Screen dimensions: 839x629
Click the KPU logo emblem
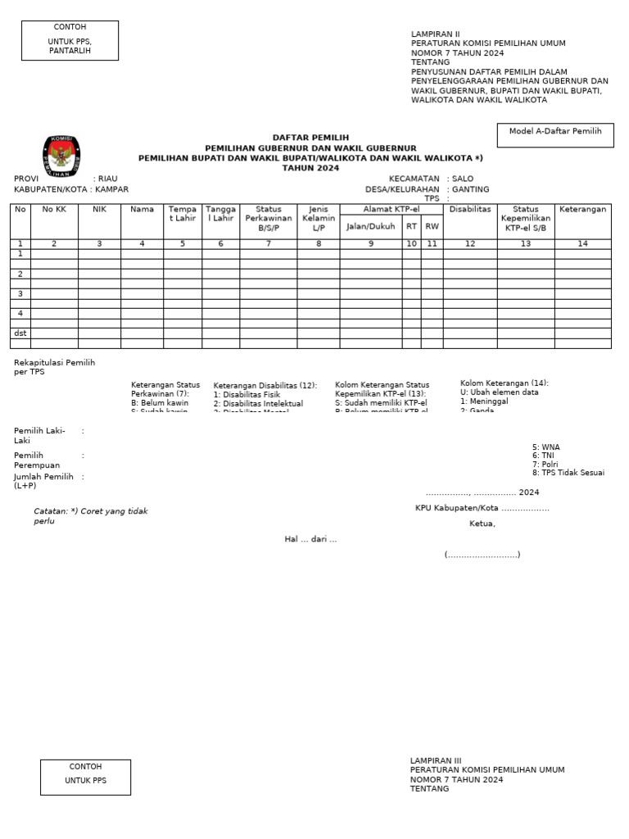[x=61, y=156]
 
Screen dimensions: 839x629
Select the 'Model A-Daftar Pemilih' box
[x=555, y=135]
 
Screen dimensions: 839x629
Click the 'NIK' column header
[x=100, y=210]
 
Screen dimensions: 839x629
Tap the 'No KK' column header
[x=54, y=210]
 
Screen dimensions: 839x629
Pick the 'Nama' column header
[x=142, y=210]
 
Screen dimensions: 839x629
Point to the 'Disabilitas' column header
[x=470, y=210]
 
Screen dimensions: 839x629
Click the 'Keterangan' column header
[x=583, y=210]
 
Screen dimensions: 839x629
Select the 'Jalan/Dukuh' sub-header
[x=371, y=227]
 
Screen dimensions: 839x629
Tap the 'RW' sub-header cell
[x=432, y=227]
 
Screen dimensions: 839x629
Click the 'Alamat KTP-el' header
[x=391, y=210]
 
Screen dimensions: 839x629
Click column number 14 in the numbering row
[x=582, y=244]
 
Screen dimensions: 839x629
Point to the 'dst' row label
[x=20, y=333]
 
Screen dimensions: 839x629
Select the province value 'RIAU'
[x=108, y=179]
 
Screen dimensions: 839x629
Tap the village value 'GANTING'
[x=471, y=189]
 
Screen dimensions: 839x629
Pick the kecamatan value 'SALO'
[x=464, y=179]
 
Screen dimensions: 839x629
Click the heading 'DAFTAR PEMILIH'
[x=310, y=137]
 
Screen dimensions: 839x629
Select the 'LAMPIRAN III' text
[x=436, y=760]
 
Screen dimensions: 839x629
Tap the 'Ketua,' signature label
[x=482, y=524]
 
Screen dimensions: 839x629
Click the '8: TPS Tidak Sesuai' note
[x=568, y=473]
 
